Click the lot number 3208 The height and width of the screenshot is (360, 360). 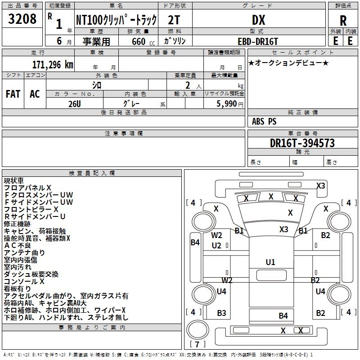point(22,19)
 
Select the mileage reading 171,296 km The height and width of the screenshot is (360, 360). point(53,65)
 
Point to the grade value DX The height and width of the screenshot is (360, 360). point(258,20)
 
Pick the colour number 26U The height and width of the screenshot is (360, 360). point(75,103)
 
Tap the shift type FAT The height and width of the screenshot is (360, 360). point(13,94)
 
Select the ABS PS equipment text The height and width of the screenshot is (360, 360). point(264,121)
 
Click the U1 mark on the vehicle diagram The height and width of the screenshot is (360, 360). point(270,262)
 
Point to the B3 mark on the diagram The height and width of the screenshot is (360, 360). point(221,313)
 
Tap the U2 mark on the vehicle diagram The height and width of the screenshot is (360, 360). point(216,245)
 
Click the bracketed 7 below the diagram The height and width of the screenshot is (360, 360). point(198,344)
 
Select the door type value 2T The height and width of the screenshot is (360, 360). point(174,20)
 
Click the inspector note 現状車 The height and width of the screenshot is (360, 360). point(14,180)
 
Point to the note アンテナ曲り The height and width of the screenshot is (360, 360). point(24,252)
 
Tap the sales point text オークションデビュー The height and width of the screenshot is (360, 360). point(288,63)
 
